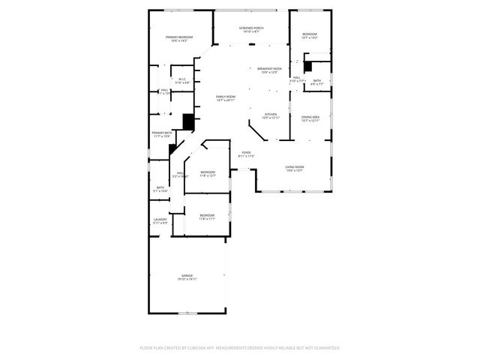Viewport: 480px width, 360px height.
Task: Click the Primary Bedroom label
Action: click(179, 38)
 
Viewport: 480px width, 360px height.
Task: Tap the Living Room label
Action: click(294, 168)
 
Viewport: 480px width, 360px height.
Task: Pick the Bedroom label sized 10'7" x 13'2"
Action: click(310, 35)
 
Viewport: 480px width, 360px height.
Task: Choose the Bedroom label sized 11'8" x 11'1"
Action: click(207, 217)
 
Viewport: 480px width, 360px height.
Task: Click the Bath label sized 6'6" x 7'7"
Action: click(317, 82)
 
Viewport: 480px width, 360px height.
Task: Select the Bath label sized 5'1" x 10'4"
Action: click(160, 189)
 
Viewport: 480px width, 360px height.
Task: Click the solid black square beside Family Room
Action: click(189, 121)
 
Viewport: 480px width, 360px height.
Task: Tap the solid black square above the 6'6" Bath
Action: click(307, 66)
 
